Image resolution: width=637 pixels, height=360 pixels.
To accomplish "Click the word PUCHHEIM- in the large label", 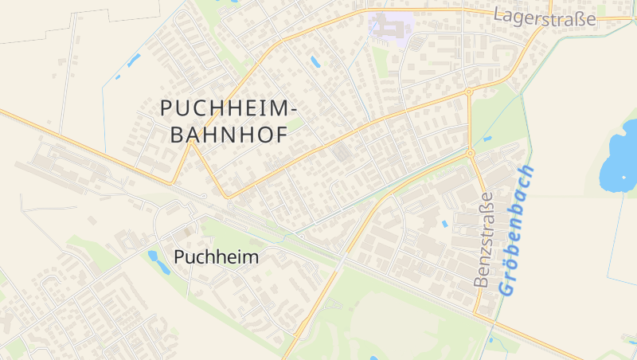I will click(x=229, y=108).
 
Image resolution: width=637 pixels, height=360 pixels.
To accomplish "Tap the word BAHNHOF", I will click(x=229, y=135).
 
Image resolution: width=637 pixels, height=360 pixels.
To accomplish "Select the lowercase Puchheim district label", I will click(x=217, y=257).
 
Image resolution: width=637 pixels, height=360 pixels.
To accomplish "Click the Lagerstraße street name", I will click(x=545, y=17).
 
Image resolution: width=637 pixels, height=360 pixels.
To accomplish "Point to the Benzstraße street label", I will click(x=483, y=239).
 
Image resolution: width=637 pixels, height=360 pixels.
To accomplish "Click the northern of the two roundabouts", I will click(x=469, y=92).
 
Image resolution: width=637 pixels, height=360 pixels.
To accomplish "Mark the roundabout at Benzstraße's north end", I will click(x=471, y=153).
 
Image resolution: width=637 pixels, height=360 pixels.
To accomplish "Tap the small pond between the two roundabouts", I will click(x=487, y=138).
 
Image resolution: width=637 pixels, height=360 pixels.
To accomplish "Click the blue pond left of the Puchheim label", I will click(x=153, y=256).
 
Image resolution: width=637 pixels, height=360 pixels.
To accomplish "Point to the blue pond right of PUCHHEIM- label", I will click(x=315, y=61).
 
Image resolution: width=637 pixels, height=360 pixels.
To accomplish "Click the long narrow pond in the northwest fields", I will click(x=133, y=60).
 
